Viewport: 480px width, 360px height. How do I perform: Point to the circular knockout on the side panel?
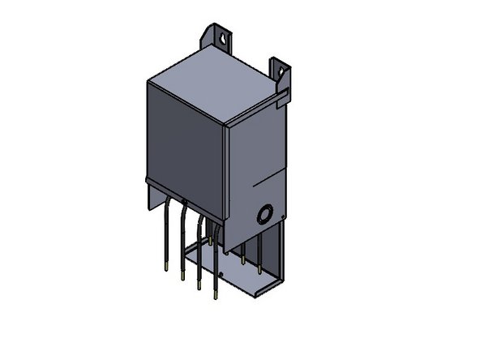[x=264, y=215]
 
